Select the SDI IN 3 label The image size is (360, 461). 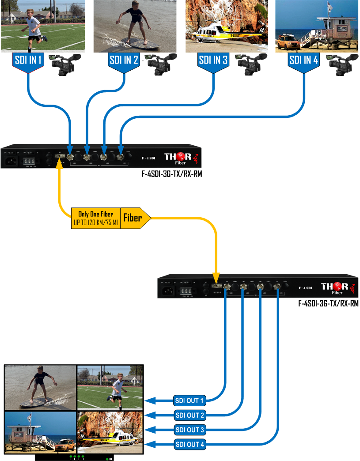pos(213,61)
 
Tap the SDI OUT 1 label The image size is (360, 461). pos(190,401)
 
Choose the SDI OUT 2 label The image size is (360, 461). pos(190,416)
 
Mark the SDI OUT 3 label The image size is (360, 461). pos(190,430)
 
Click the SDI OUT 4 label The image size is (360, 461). pos(190,445)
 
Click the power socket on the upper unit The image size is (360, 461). pos(11,161)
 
